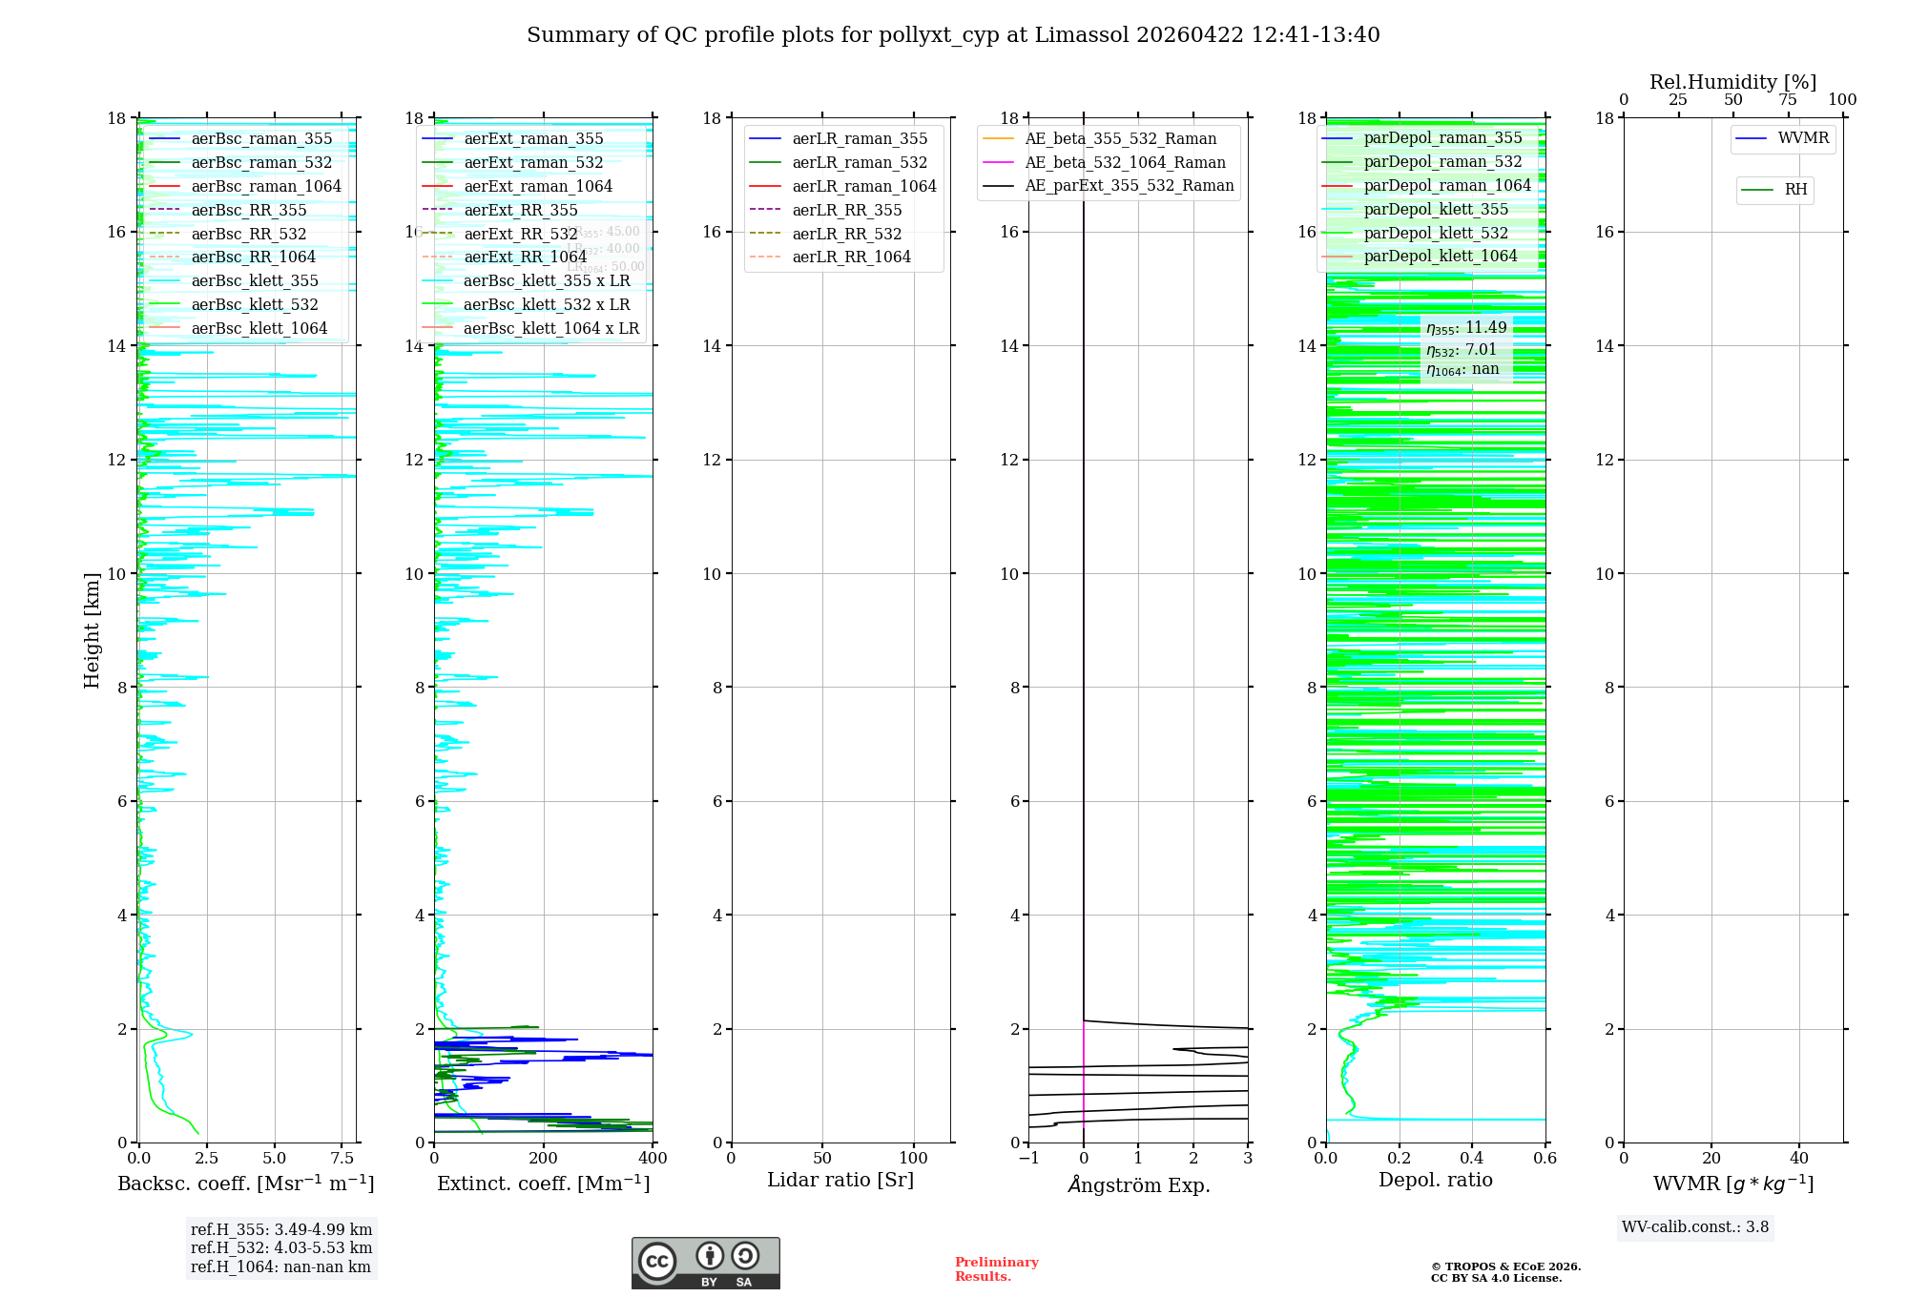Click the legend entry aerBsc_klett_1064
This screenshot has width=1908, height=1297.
pos(259,328)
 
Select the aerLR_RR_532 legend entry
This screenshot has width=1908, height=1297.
pos(846,234)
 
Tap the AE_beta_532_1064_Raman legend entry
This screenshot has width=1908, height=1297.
pos(1125,162)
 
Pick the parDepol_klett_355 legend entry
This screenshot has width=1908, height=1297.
pos(1436,209)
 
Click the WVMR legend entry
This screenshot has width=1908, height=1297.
pos(1803,138)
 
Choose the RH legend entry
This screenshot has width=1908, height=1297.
pos(1795,190)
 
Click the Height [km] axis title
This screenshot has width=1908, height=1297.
pos(92,630)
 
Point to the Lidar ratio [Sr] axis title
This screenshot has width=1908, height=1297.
pos(840,1181)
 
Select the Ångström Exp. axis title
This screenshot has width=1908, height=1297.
pos(1138,1184)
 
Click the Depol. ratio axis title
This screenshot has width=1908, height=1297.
pos(1435,1181)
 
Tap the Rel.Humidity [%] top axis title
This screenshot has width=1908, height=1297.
pos(1732,82)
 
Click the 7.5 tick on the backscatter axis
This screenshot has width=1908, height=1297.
pos(342,1159)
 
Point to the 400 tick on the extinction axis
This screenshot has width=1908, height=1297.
pos(653,1159)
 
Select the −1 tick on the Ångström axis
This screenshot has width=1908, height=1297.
pos(1028,1159)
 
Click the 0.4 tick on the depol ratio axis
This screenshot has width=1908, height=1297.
pos(1472,1159)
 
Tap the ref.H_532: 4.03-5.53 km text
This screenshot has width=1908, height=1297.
pos(281,1248)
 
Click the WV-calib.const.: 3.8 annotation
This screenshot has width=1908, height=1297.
pos(1695,1227)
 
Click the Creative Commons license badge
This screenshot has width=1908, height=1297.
pos(705,1263)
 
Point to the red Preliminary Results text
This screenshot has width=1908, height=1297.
pos(996,1269)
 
